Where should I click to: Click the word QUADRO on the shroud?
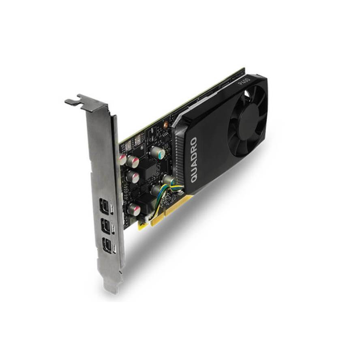194,160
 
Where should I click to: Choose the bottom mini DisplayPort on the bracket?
107,245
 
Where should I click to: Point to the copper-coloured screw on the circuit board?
165,125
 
